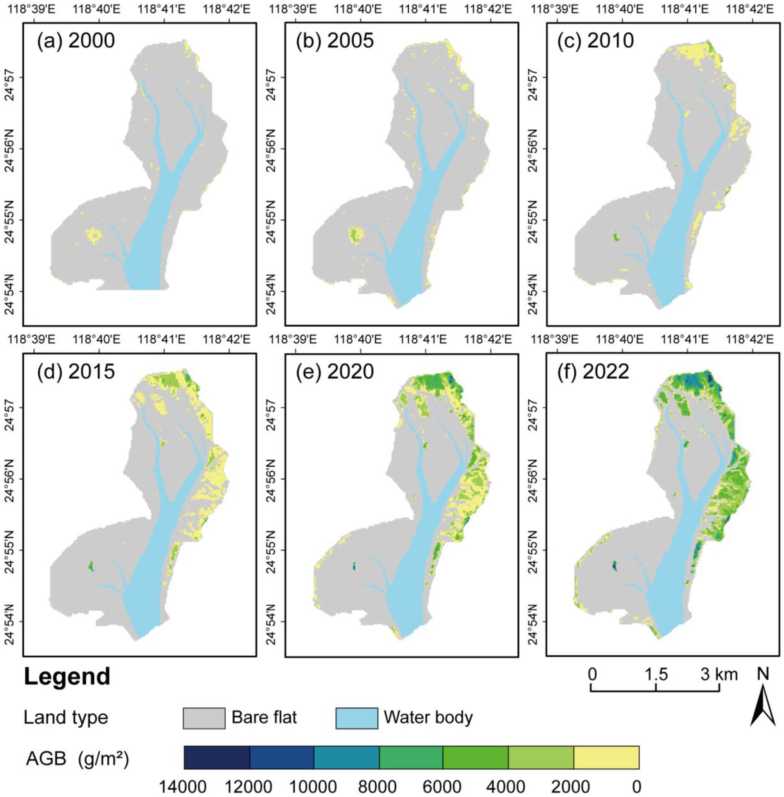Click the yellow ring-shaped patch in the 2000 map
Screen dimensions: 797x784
pos(93,235)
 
